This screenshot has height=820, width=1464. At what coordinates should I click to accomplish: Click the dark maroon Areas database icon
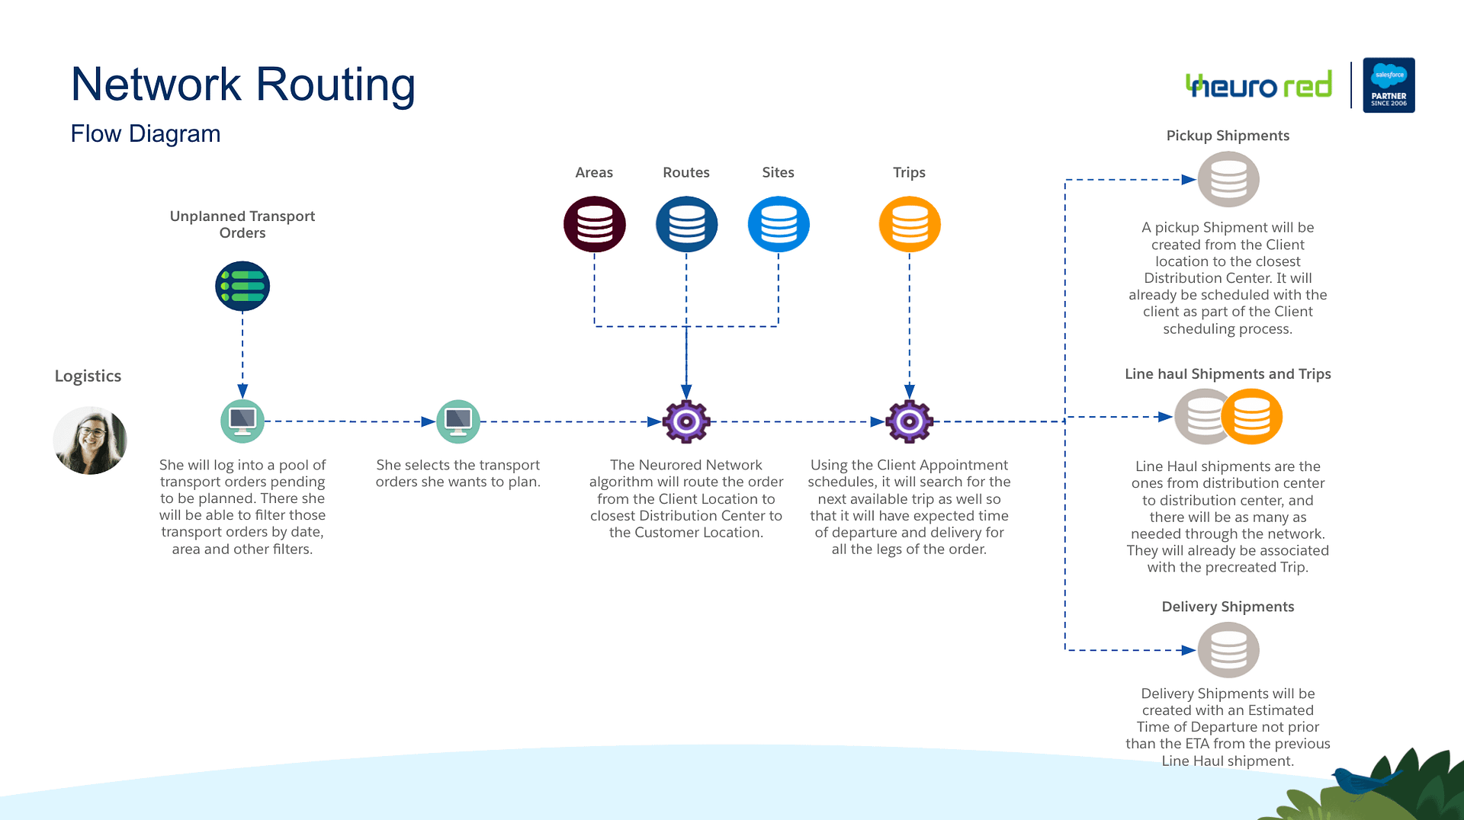pyautogui.click(x=595, y=224)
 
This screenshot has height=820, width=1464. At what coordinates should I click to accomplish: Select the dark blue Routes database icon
pyautogui.click(x=686, y=224)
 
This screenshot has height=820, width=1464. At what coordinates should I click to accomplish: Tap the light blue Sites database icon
pyautogui.click(x=779, y=224)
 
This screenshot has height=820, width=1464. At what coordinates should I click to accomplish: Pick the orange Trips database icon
pyautogui.click(x=910, y=224)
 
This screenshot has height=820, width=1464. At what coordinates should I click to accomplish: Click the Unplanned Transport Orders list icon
pyautogui.click(x=242, y=286)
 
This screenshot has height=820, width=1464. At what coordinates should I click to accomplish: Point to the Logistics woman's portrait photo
pyautogui.click(x=90, y=440)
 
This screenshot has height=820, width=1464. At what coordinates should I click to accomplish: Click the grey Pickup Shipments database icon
pyautogui.click(x=1228, y=179)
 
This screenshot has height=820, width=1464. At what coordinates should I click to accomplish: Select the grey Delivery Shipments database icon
pyautogui.click(x=1228, y=650)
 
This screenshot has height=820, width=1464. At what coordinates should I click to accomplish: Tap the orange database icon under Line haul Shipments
pyautogui.click(x=1252, y=417)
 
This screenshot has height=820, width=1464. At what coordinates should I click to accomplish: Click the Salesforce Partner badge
pyautogui.click(x=1389, y=85)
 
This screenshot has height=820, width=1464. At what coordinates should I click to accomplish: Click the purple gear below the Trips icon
pyautogui.click(x=910, y=421)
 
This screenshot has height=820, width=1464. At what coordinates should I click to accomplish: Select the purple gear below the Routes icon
pyautogui.click(x=686, y=421)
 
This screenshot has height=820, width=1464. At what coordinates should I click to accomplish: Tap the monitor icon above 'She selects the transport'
pyautogui.click(x=458, y=421)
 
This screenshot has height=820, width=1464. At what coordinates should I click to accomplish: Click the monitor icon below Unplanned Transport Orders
pyautogui.click(x=242, y=421)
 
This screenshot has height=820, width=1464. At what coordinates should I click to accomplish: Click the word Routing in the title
pyautogui.click(x=335, y=85)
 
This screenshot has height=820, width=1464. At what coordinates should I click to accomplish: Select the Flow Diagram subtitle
pyautogui.click(x=146, y=134)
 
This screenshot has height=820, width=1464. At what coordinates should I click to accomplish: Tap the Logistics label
pyautogui.click(x=88, y=376)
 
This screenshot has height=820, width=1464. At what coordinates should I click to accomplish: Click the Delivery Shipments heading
pyautogui.click(x=1228, y=607)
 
